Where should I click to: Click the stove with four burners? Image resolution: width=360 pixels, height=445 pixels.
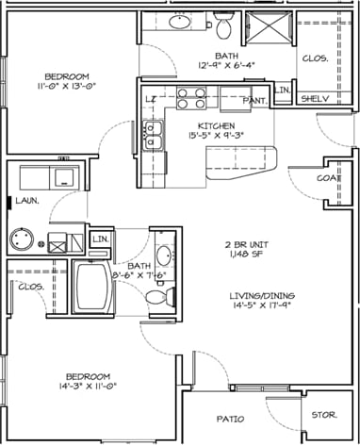[x=191, y=98]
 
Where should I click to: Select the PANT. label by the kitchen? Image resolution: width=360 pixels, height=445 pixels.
[x=253, y=101]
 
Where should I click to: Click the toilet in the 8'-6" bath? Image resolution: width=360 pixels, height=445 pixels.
[x=157, y=296]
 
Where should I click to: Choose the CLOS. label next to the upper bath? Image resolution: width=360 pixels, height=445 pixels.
[x=314, y=58]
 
